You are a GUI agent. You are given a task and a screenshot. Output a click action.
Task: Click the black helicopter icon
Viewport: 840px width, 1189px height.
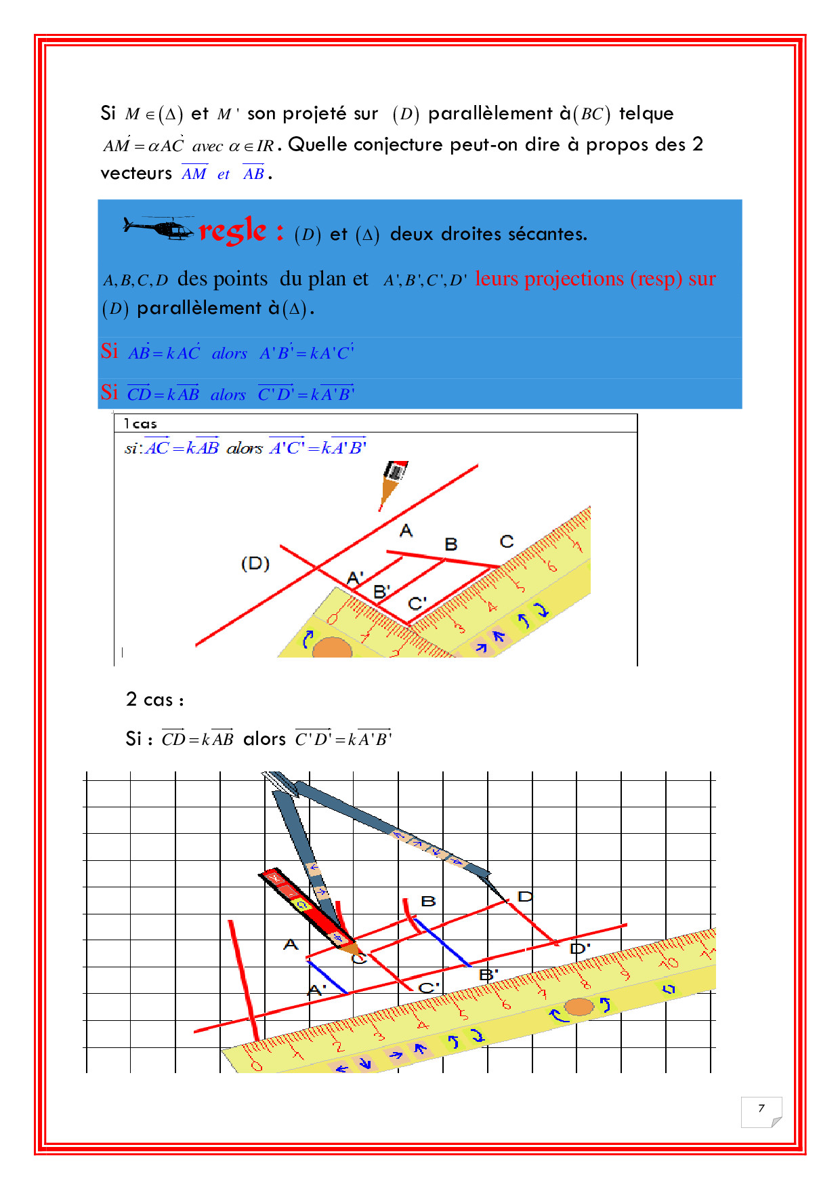click(x=160, y=228)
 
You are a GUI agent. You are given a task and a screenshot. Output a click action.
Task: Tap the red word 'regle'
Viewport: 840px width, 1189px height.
click(x=232, y=231)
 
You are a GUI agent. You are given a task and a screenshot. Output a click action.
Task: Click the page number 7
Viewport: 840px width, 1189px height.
click(x=761, y=1108)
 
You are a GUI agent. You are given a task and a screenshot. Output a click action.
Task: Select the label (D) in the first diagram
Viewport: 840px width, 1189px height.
click(x=255, y=563)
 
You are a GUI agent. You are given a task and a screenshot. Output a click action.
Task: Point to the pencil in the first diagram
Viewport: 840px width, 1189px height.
click(x=392, y=482)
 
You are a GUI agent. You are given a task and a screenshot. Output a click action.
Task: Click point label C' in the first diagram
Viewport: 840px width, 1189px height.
click(x=417, y=603)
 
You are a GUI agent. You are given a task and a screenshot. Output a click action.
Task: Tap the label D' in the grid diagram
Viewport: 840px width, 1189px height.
click(x=579, y=948)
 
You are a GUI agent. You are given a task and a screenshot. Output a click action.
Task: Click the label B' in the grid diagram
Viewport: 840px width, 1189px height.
click(x=488, y=975)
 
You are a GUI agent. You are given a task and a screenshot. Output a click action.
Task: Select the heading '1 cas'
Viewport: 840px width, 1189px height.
click(x=140, y=424)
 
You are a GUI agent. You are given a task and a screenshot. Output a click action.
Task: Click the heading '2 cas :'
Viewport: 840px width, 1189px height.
click(x=154, y=700)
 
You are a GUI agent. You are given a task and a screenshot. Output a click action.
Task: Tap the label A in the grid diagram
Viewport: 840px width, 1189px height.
click(x=291, y=944)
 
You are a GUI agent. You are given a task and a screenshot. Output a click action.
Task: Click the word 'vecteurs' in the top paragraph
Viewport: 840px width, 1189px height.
click(x=136, y=174)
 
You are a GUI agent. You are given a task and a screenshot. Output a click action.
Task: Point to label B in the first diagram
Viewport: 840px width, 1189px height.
click(x=450, y=544)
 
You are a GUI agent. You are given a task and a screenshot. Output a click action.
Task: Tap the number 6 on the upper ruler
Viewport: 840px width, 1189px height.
click(x=551, y=565)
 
